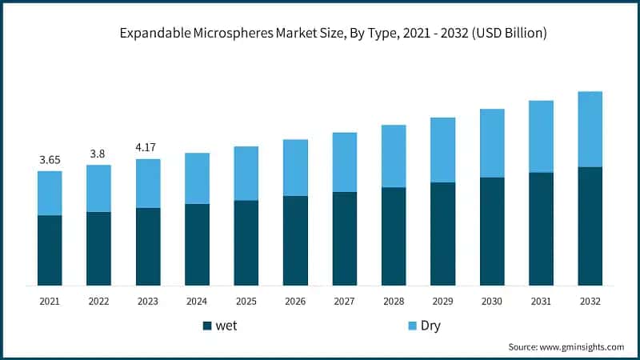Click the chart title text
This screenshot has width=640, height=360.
point(333,34)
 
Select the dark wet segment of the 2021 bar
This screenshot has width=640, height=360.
point(50,250)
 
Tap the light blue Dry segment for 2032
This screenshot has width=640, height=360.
point(590,129)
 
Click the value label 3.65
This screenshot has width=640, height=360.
point(50,160)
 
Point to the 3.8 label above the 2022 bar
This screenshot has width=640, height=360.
point(98,154)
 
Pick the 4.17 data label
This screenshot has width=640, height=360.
point(148,147)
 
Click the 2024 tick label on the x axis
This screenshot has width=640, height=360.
point(197,301)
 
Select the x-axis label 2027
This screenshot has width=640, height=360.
point(344,301)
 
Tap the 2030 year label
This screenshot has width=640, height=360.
point(492,301)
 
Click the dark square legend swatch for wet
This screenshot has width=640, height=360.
point(207,326)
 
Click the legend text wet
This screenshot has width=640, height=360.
point(226,326)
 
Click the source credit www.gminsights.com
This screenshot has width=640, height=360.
point(566,346)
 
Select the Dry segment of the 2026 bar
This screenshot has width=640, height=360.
point(295,167)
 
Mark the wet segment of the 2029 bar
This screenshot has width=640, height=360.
point(442,234)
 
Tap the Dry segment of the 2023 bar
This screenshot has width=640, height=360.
point(148,183)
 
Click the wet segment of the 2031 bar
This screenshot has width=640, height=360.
point(541,229)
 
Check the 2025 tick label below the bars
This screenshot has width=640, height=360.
point(246,301)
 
